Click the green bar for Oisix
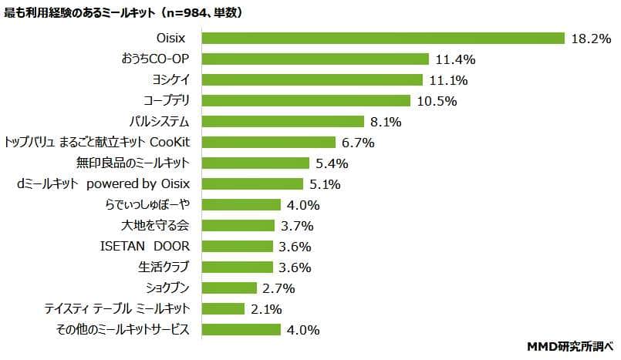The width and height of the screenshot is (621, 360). pos(383,38)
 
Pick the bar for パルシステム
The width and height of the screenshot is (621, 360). pos(283,121)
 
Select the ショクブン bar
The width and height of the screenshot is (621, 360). pos(230,288)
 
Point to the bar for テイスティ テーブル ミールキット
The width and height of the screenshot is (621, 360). pos(224,308)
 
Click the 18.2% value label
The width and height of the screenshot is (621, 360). pos(590,39)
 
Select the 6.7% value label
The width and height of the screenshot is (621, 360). pos(358,143)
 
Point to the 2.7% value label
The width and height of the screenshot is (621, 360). pos(278,288)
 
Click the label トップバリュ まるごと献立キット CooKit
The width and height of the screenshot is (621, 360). pos(98,142)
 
